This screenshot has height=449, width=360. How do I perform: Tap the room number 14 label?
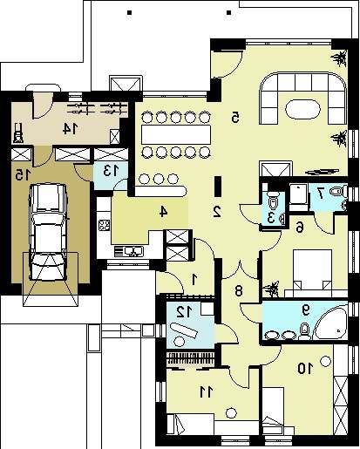[71, 129]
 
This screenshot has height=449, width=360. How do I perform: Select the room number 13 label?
[112, 171]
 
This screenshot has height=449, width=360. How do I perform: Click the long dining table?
[176, 134]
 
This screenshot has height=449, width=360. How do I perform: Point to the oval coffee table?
[303, 109]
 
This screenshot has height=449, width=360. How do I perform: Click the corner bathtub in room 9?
[331, 322]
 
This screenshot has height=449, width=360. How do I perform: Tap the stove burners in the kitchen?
[105, 225]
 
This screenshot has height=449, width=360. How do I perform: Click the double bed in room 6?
[312, 269]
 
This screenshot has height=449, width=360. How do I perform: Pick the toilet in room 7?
[338, 192]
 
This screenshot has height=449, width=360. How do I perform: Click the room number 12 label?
[184, 312]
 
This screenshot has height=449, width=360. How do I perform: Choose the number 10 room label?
[306, 369]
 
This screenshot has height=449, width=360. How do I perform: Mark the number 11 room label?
[207, 392]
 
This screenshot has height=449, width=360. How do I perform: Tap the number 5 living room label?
[235, 117]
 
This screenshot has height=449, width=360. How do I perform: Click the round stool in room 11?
[231, 412]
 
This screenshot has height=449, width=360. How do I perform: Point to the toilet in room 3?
[272, 201]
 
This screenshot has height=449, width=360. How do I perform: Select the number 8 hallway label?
[239, 290]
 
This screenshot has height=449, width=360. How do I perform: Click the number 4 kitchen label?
[163, 212]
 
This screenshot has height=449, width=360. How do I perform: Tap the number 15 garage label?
[23, 175]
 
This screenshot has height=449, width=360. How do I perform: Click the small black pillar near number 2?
[218, 186]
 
